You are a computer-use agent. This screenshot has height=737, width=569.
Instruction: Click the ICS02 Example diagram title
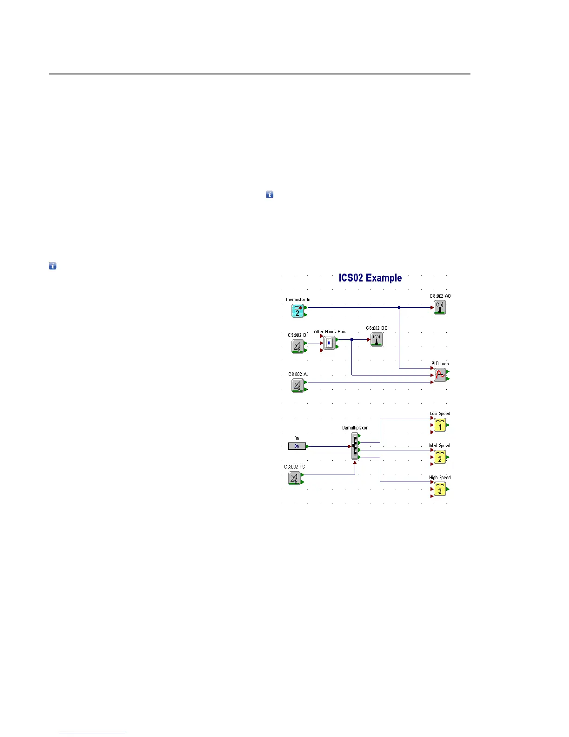click(370, 278)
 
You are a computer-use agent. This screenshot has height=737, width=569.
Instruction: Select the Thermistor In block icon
click(298, 311)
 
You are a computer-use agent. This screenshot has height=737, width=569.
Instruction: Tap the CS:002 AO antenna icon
click(440, 307)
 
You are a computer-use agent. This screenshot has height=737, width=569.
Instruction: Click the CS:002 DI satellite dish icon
click(298, 346)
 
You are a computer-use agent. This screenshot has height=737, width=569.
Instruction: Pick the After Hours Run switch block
click(329, 343)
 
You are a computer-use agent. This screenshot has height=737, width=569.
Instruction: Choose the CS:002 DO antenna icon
click(377, 339)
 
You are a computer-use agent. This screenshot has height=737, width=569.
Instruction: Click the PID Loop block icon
click(440, 375)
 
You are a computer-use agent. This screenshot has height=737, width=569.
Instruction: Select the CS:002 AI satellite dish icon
click(298, 385)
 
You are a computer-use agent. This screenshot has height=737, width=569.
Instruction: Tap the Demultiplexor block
click(355, 446)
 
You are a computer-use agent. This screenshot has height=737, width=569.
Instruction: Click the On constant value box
click(297, 446)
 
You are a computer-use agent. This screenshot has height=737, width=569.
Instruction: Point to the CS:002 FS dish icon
click(294, 478)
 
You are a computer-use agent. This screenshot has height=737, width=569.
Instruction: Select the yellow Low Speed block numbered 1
click(440, 425)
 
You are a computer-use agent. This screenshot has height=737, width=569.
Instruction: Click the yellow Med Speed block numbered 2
click(440, 457)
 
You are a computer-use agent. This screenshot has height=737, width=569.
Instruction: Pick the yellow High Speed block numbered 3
click(440, 489)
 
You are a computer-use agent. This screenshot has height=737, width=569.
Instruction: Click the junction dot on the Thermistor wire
click(399, 308)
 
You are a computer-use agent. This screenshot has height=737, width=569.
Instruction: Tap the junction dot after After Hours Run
click(352, 340)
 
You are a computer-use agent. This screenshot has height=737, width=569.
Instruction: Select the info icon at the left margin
click(53, 266)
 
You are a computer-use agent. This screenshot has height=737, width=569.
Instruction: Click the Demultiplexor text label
click(355, 428)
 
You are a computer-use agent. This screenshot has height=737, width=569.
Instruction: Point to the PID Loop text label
click(440, 364)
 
